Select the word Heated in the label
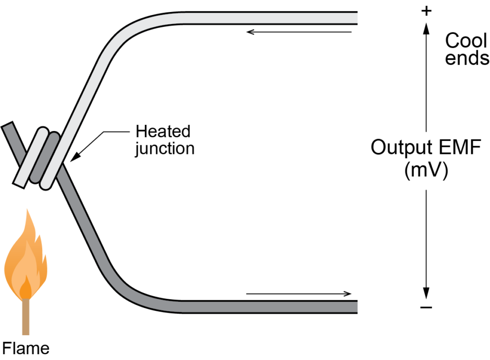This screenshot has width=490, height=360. coord(163,131)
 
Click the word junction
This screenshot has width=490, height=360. coord(165,148)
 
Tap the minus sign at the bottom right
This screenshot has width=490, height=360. coord(426,306)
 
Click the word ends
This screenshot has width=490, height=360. coord(467,58)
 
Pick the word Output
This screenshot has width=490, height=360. coord(401,148)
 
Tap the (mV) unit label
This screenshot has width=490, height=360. coord(426,171)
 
